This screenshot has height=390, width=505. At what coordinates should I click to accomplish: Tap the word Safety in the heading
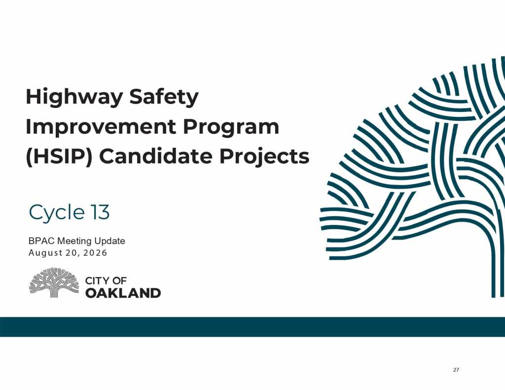(164, 97)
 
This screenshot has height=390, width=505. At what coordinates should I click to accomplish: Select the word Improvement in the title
(101, 127)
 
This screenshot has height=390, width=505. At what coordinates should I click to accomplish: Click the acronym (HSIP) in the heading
(59, 157)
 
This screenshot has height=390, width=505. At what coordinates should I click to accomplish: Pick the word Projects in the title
(264, 157)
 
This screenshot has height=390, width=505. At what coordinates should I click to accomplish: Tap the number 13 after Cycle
(100, 212)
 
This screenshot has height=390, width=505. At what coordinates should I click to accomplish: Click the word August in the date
(44, 253)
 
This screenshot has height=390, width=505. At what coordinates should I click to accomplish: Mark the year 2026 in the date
(95, 253)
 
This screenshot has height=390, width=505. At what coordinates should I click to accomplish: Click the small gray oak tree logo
(54, 283)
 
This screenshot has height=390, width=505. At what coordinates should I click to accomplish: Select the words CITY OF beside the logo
(106, 281)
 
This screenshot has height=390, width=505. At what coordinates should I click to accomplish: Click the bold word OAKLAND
(123, 293)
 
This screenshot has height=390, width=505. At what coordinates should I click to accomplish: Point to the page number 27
(456, 370)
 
